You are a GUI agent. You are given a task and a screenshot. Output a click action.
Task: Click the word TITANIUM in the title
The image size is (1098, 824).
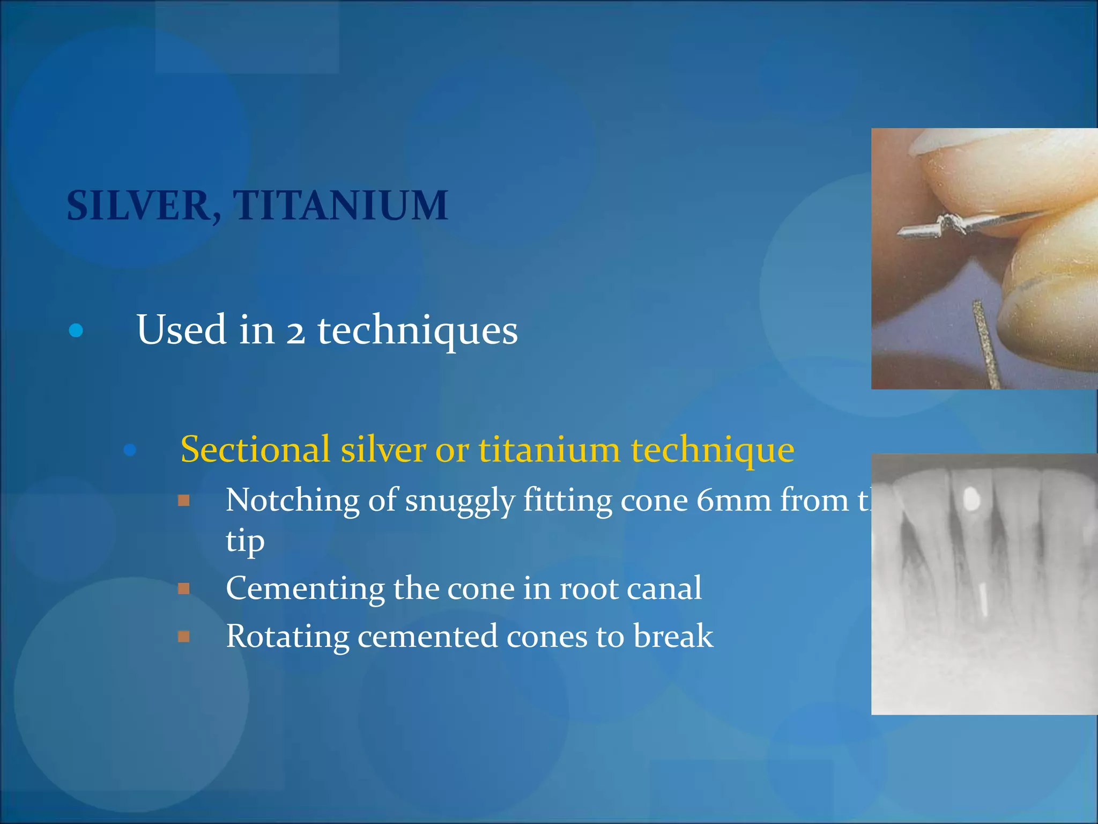pos(340,206)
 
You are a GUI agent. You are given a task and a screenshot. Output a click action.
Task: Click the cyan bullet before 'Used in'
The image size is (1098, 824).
pos(76,330)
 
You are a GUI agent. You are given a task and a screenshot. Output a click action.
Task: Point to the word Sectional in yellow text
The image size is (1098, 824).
pos(255,450)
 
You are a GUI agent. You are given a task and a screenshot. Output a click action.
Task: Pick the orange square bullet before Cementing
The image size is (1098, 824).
pos(184,589)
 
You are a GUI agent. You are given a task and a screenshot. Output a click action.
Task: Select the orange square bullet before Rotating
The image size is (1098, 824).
pos(184,637)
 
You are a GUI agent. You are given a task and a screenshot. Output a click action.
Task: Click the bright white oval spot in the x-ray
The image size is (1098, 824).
pos(971,499)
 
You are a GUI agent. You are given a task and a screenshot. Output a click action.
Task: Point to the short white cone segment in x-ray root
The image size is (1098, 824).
pos(983,598)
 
